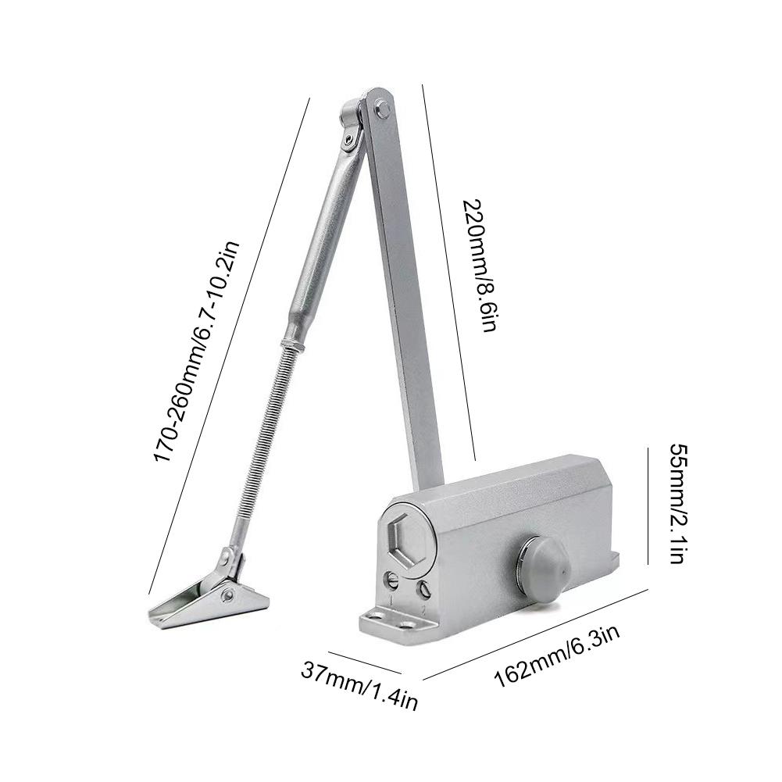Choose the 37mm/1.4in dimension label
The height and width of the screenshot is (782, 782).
click(x=359, y=684)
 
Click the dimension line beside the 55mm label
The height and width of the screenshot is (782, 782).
click(x=648, y=505)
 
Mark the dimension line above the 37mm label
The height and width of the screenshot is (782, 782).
click(x=364, y=662)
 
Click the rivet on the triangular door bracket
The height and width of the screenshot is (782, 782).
click(x=228, y=595)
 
